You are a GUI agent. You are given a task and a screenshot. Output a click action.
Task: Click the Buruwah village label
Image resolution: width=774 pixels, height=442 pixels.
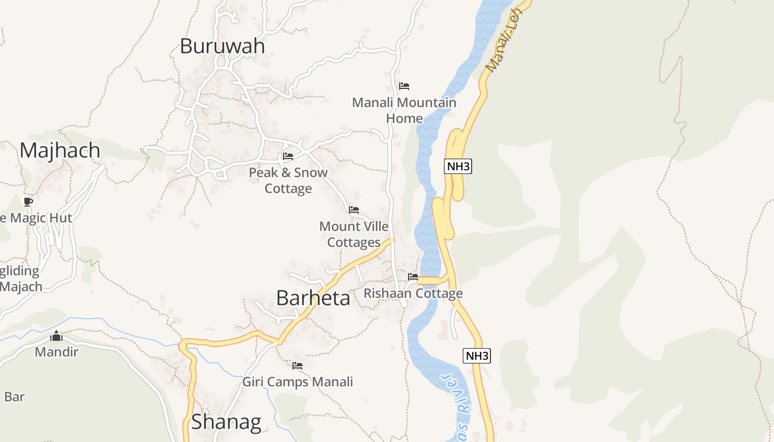point(222,46)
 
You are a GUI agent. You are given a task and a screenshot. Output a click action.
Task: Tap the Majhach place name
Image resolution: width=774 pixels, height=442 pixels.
point(60,150)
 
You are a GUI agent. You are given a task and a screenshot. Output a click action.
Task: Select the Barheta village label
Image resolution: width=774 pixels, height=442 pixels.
point(313,298)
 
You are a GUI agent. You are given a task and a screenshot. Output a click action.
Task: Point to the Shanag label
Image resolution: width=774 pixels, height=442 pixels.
point(226,422)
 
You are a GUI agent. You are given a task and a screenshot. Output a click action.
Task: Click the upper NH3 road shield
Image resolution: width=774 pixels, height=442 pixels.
point(458,166)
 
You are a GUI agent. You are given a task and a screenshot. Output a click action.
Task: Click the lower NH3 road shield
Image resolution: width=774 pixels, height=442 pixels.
point(477,356)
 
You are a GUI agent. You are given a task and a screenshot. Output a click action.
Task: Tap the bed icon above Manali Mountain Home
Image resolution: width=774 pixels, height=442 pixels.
point(404,86)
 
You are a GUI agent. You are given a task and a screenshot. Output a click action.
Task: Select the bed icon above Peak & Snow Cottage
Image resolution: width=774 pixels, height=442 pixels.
point(288,156)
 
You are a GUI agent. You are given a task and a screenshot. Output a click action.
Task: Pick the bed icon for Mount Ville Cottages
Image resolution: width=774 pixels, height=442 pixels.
point(354,210)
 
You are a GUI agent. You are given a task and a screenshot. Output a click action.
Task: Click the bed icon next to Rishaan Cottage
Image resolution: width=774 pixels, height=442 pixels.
point(413,277)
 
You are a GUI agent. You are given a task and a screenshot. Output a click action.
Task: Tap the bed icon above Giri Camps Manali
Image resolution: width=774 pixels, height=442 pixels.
point(297,366)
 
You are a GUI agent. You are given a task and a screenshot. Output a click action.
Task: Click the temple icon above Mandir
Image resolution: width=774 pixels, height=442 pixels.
point(56,336)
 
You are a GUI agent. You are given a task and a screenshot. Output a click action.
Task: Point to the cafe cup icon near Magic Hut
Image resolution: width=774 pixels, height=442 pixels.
point(28,202)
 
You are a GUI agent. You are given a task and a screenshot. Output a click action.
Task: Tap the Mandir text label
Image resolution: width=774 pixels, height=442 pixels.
point(56,352)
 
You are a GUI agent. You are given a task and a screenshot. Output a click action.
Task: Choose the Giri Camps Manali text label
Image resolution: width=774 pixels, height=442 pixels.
point(297,382)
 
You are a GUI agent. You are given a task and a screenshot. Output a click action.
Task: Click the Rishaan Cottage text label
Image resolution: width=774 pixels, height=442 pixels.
point(413,293)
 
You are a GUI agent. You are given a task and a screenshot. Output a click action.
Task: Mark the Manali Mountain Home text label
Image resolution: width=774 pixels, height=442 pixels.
point(404,110)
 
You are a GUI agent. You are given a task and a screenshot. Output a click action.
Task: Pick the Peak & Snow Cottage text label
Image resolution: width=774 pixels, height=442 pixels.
point(288,181)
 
